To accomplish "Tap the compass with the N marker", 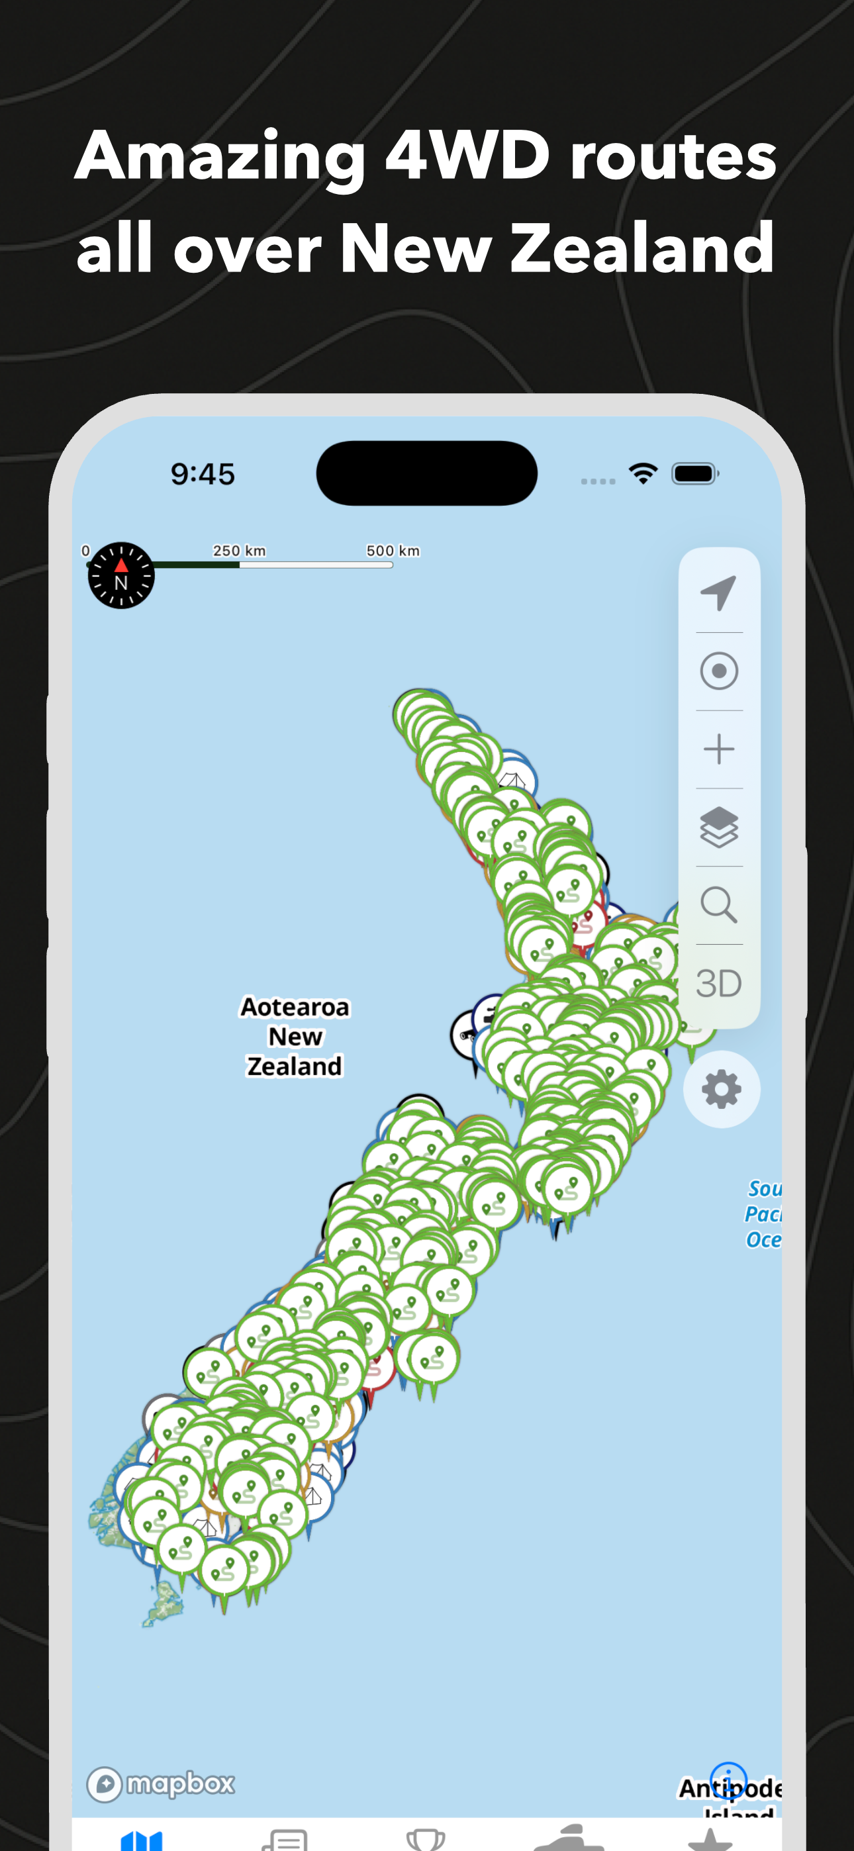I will pyautogui.click(x=120, y=575).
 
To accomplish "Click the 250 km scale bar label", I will pyautogui.click(x=240, y=550).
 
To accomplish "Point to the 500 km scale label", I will pyautogui.click(x=393, y=550).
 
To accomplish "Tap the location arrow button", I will pyautogui.click(x=719, y=593).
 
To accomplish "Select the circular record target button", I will pyautogui.click(x=719, y=671).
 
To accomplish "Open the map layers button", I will pyautogui.click(x=719, y=826).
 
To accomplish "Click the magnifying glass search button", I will pyautogui.click(x=719, y=905).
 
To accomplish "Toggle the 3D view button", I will pyautogui.click(x=719, y=983).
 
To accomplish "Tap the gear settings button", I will pyautogui.click(x=722, y=1089).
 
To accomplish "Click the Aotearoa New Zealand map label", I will pyautogui.click(x=295, y=1036).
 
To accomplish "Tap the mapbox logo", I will pyautogui.click(x=161, y=1784).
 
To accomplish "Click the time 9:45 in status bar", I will pyautogui.click(x=203, y=474).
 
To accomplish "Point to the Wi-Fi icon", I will pyautogui.click(x=643, y=473).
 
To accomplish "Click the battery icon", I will pyautogui.click(x=694, y=473).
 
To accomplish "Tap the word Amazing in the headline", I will pyautogui.click(x=220, y=157).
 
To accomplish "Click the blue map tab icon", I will pyautogui.click(x=142, y=1841).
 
